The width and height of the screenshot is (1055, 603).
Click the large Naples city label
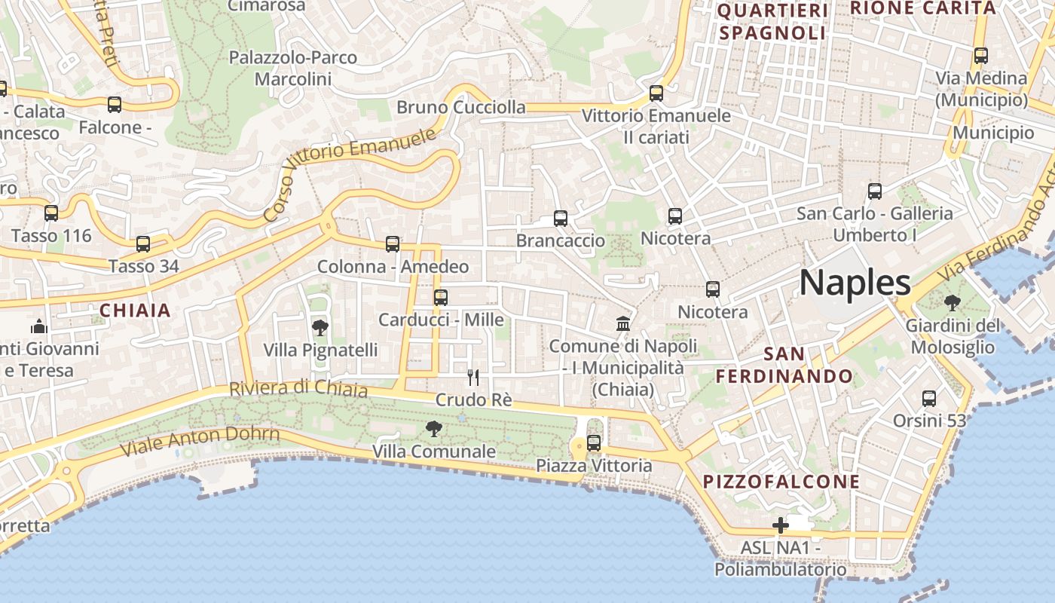tap(855, 283)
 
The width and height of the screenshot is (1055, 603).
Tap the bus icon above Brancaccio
tap(561, 219)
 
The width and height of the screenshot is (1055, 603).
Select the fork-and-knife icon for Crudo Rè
tap(473, 377)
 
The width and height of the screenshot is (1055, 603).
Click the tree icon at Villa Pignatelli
tap(320, 328)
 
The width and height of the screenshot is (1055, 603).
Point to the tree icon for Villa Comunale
tap(433, 429)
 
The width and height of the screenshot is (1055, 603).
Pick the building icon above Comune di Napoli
tap(623, 324)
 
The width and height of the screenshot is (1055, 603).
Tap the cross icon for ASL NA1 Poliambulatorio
tap(781, 525)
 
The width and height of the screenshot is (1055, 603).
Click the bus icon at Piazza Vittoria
tap(594, 443)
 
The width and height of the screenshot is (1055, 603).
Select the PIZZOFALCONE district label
tap(781, 482)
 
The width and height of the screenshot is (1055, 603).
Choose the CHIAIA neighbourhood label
tap(136, 311)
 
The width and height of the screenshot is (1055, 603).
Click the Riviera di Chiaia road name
tap(298, 389)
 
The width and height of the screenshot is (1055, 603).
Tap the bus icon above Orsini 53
tap(929, 399)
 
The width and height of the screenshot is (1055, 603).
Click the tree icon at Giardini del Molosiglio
tap(952, 303)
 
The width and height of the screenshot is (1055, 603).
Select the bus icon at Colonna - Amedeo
tap(393, 244)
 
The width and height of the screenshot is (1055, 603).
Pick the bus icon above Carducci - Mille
tap(441, 298)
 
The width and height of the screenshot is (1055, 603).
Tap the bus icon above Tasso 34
tap(143, 244)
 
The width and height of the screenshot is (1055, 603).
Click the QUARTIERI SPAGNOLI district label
tap(772, 22)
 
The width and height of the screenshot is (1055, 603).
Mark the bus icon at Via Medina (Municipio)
tap(981, 56)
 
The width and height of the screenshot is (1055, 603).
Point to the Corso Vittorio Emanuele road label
tap(351, 173)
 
